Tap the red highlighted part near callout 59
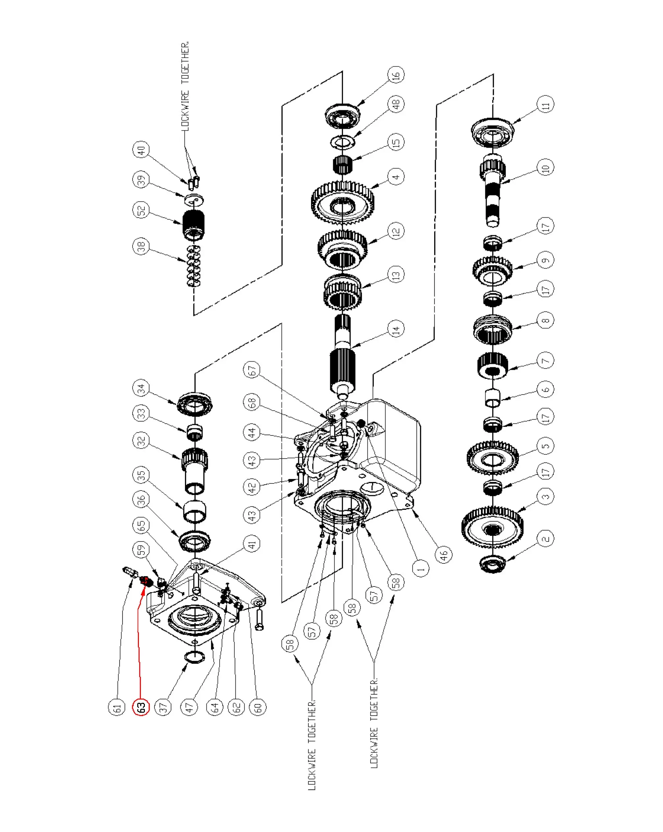(145, 580)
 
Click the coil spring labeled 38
(194, 266)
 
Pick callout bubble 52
(141, 210)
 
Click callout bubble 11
(545, 104)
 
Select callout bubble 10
(545, 168)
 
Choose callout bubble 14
(396, 329)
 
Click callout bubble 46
(444, 555)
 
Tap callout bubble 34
(141, 388)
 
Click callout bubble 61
(117, 707)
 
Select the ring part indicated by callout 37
(195, 657)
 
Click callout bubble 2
(545, 538)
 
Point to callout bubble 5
(545, 446)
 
